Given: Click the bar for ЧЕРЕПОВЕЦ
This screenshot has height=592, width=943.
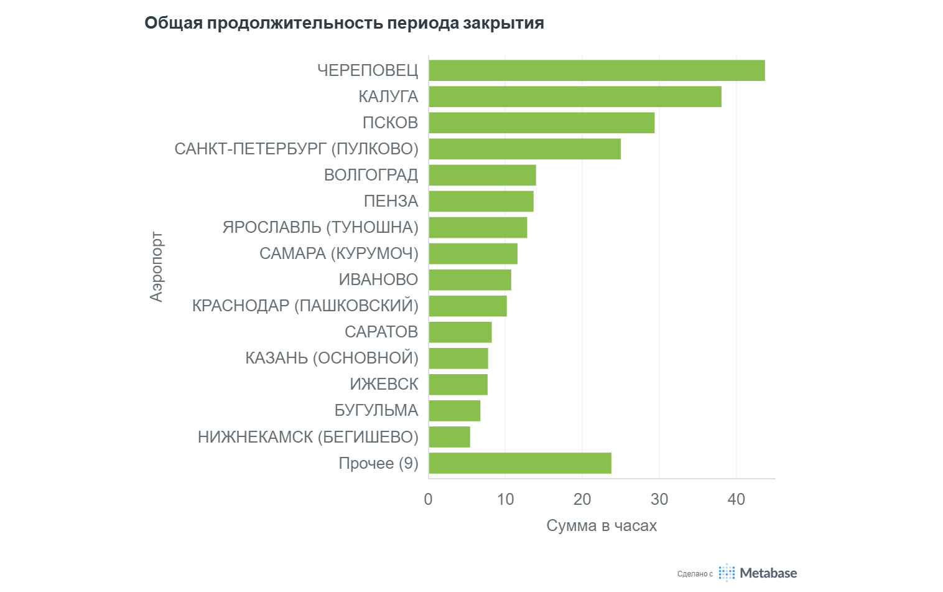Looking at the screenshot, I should [x=597, y=70].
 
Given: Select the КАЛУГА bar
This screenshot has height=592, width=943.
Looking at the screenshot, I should [x=575, y=96].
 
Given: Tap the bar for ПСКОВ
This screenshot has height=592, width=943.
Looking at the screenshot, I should [x=541, y=123].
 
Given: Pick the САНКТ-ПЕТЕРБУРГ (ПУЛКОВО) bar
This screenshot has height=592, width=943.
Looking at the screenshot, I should [x=524, y=149].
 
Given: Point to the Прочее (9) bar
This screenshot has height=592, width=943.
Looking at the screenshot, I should [x=519, y=463].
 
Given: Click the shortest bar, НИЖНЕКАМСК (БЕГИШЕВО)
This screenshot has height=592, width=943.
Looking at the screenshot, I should [x=449, y=437].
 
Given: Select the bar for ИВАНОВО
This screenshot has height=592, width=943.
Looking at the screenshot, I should [x=470, y=280].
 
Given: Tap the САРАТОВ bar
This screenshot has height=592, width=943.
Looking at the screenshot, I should [x=460, y=332].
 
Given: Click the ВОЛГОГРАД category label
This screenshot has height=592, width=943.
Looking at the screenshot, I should [x=371, y=175].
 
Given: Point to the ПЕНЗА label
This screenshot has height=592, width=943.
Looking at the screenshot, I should [x=391, y=201].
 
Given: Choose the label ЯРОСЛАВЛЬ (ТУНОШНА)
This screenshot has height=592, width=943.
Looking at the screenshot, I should [x=320, y=227].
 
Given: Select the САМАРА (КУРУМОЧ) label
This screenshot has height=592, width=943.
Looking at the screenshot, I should [x=338, y=253].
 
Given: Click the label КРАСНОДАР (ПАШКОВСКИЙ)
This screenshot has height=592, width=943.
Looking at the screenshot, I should [x=305, y=306].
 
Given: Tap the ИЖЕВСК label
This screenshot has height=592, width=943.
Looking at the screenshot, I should [x=384, y=384].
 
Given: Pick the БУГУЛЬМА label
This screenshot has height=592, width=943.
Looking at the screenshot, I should [x=376, y=410].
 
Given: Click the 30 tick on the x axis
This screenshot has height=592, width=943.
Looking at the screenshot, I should [x=659, y=499].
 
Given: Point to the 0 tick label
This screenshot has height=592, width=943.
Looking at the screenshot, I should [x=428, y=499].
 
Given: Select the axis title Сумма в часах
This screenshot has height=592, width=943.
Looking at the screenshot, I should [x=602, y=525].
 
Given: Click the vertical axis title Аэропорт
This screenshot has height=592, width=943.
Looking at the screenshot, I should [x=157, y=267].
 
